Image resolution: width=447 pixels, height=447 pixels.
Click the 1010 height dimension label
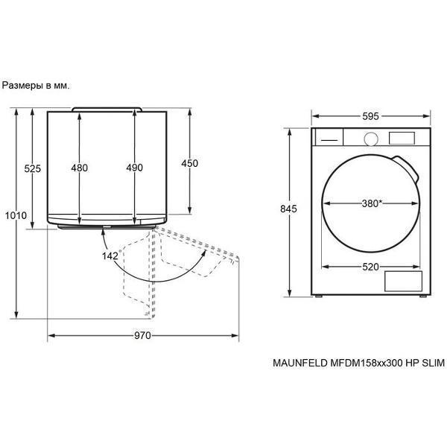click(x=16, y=215)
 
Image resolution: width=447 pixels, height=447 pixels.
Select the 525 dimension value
click(x=33, y=168)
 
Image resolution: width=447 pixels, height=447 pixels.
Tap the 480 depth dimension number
click(x=80, y=168)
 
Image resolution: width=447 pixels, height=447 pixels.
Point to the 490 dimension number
click(x=135, y=168)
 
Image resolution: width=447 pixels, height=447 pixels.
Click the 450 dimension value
click(x=190, y=163)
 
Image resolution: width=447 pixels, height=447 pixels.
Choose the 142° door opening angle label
click(x=112, y=256)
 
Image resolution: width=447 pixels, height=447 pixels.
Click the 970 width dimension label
click(x=142, y=335)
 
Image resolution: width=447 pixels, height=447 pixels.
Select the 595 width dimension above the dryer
click(x=370, y=116)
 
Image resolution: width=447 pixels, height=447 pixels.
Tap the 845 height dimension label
click(x=288, y=209)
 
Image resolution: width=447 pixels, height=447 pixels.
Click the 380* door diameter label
click(x=372, y=203)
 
